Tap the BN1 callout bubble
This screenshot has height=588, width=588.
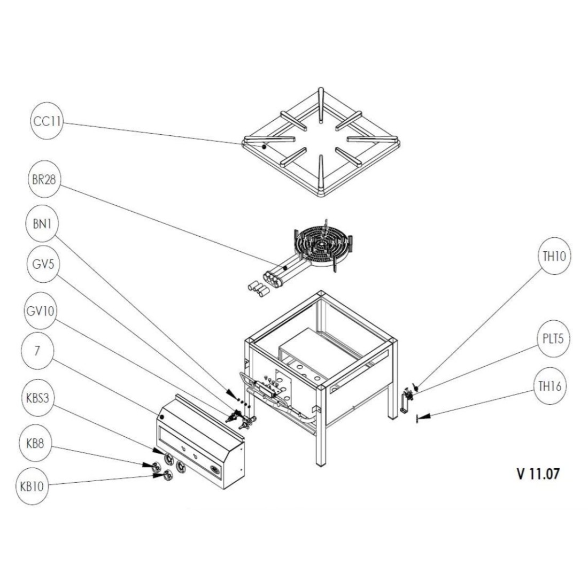(x=42, y=226)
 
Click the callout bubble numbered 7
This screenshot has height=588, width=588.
(x=36, y=351)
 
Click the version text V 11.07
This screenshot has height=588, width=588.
(x=538, y=473)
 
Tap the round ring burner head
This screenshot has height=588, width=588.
(x=321, y=246)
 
